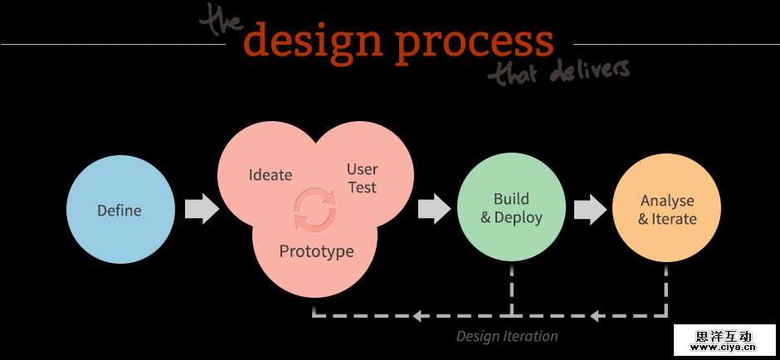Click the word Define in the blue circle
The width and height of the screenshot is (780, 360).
[119, 210]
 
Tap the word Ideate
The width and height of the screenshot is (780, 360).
[271, 175]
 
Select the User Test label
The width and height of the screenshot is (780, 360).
[362, 178]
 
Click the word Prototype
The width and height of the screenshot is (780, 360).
[316, 251]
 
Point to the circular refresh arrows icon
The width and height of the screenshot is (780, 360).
[316, 210]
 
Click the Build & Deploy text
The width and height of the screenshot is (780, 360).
[511, 208]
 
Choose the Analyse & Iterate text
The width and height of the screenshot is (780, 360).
[667, 210]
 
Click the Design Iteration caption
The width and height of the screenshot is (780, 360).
[507, 336]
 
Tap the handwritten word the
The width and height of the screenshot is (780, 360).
[223, 21]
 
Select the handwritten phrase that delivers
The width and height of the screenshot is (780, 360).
[558, 72]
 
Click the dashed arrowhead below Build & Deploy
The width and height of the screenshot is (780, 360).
[419, 315]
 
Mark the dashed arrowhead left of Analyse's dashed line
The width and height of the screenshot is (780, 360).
[597, 315]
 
